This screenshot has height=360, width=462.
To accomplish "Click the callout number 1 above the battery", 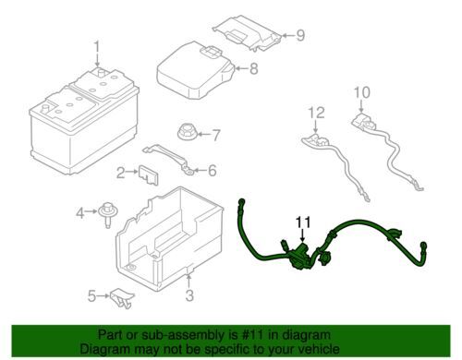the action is pyautogui.click(x=97, y=47).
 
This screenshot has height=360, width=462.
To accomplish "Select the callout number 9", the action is pyautogui.click(x=300, y=35).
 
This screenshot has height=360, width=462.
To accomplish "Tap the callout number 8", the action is pyautogui.click(x=253, y=68).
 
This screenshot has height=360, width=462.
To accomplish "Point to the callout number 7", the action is pyautogui.click(x=216, y=135).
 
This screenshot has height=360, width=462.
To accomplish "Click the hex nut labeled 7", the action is pyautogui.click(x=186, y=133).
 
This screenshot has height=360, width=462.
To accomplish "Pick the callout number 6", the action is pyautogui.click(x=213, y=170).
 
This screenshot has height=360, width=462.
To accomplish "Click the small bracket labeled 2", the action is pyautogui.click(x=149, y=175).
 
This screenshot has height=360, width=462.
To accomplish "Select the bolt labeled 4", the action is pyautogui.click(x=107, y=214).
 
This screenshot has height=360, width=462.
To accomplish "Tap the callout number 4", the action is pyautogui.click(x=80, y=212).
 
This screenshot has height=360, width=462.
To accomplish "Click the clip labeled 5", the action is pyautogui.click(x=122, y=298).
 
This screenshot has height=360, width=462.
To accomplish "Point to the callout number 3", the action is pyautogui.click(x=189, y=295).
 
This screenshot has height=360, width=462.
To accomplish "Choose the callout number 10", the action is pyautogui.click(x=361, y=92).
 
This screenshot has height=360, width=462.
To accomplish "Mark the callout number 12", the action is pyautogui.click(x=316, y=113).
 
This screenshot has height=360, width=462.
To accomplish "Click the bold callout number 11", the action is pyautogui.click(x=303, y=222).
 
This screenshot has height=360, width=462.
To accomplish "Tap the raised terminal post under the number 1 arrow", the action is pyautogui.click(x=100, y=73).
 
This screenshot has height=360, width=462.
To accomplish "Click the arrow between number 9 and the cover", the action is pyautogui.click(x=287, y=35).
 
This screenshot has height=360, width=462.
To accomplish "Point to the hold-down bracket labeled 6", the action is pyautogui.click(x=169, y=159).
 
